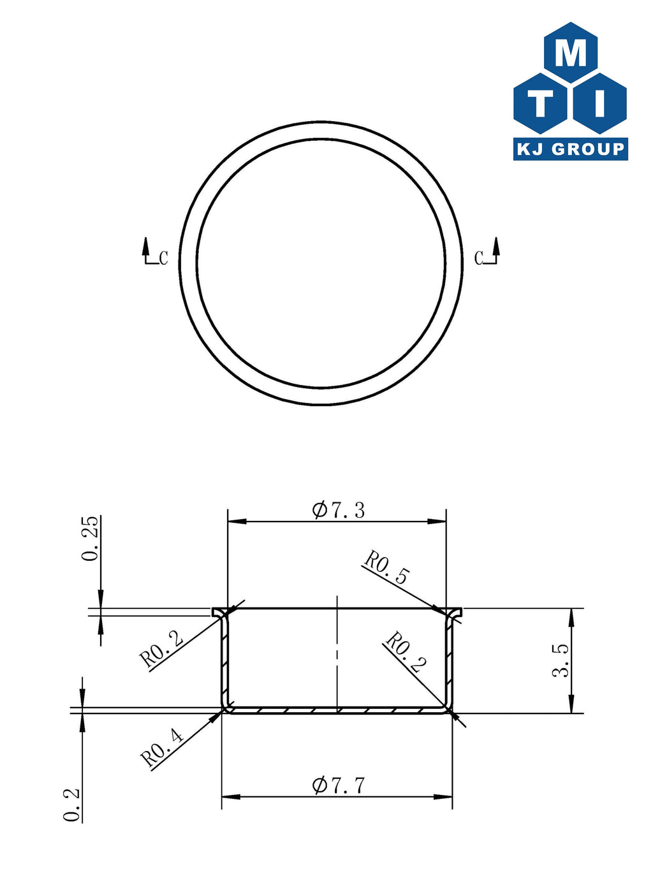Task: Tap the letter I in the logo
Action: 600,103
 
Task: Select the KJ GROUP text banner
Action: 570,149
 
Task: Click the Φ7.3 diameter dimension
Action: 338,510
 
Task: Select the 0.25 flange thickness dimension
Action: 89,538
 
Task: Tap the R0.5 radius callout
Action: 386,568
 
